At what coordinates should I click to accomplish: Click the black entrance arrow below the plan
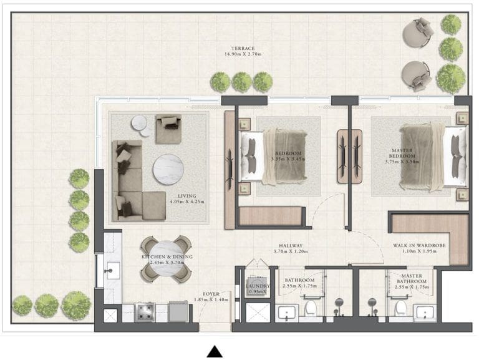(215, 351)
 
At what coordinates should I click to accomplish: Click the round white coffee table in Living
(169, 168)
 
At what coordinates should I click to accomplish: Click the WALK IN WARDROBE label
(419, 246)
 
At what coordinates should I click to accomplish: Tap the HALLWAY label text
(291, 246)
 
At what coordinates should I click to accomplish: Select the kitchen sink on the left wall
(113, 270)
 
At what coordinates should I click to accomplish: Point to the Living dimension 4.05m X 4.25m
(183, 202)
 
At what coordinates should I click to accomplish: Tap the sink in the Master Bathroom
(426, 312)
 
